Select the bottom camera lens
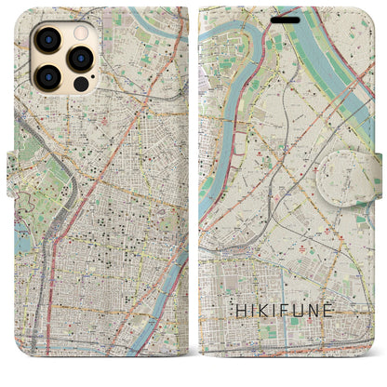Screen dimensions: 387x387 [x=44, y=76]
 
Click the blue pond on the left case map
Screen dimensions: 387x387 [x=20, y=243]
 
